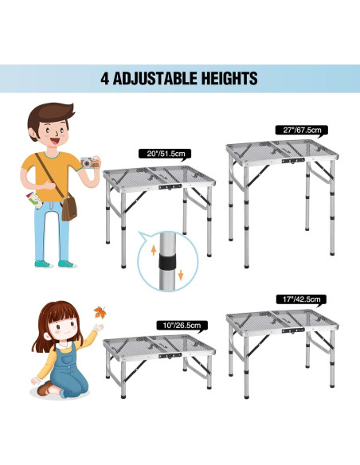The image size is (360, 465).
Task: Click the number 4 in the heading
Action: pos(105,79)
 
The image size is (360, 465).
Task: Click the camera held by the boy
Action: pos(89,162)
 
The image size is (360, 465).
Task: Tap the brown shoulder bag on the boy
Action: pos(70,208)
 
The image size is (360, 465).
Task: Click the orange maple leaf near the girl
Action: pos(100,311)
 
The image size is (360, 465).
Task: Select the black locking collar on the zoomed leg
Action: pos(167,264)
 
